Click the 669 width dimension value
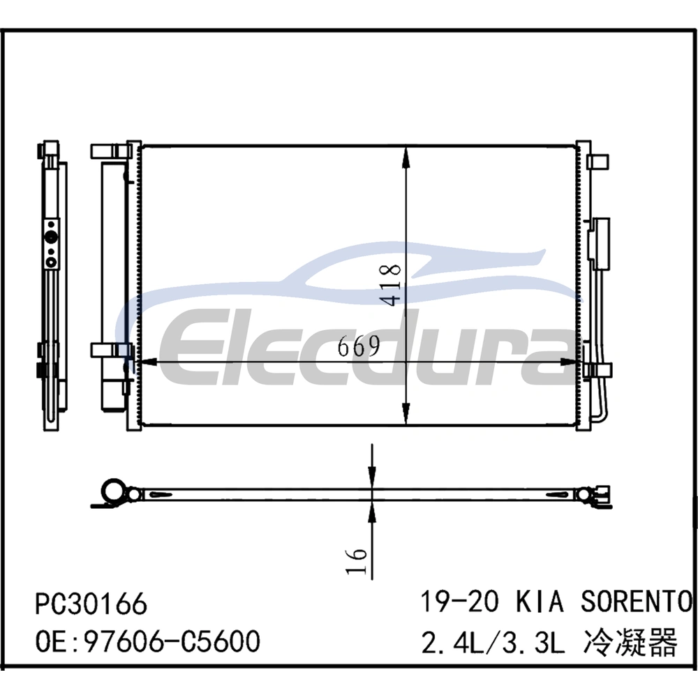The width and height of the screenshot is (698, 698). point(359,346)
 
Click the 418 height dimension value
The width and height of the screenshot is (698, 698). point(390,285)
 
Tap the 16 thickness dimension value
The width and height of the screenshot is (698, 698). point(357,561)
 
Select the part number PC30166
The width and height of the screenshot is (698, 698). point(91,604)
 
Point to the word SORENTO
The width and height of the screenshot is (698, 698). point(636,601)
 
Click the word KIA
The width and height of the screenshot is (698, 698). point(540,601)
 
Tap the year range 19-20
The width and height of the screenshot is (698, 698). point(460,601)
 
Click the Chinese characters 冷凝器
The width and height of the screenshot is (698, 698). point(630,642)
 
